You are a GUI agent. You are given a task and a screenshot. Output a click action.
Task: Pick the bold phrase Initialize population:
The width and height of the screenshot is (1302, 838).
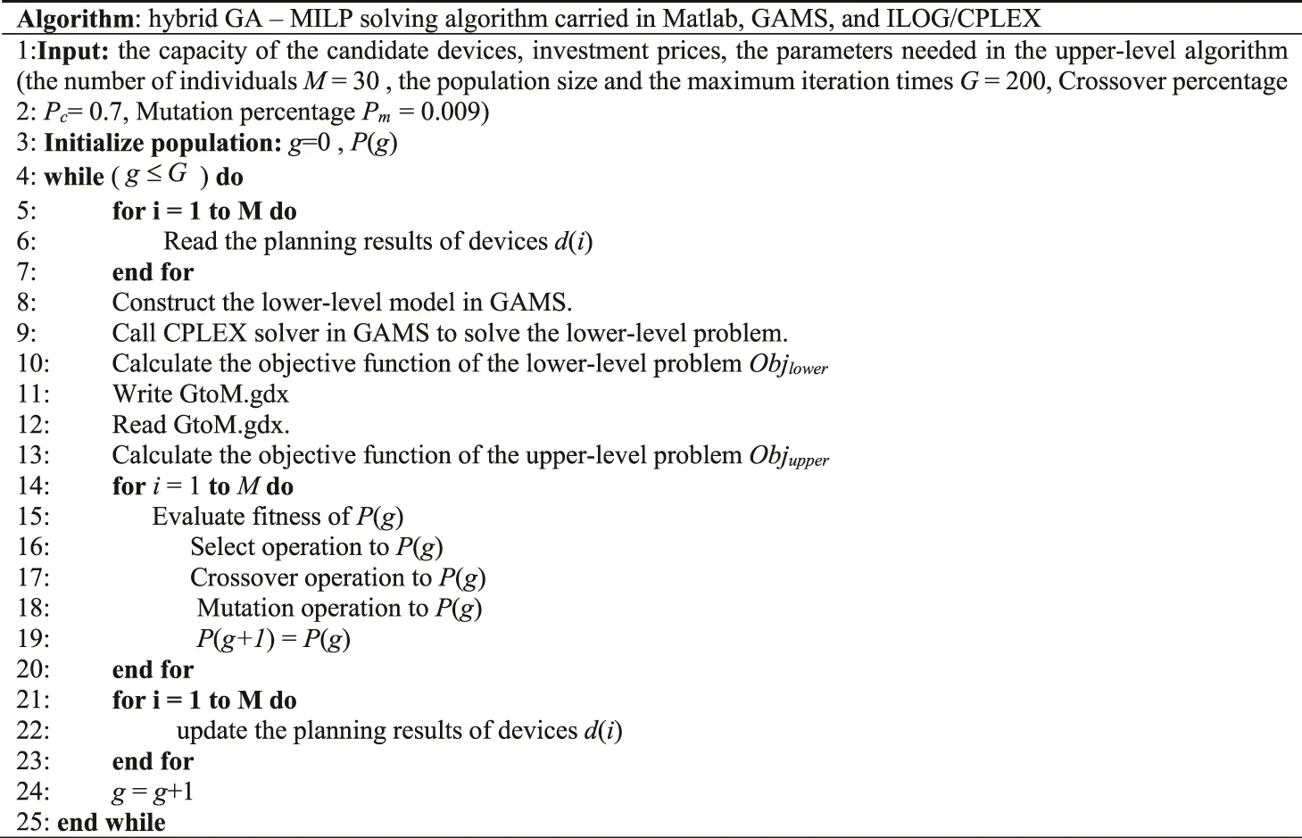click(x=162, y=143)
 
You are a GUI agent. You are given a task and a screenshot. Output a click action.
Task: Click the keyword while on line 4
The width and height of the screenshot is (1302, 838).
click(x=74, y=177)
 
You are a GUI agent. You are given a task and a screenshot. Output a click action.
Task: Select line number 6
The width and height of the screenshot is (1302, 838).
click(x=27, y=241)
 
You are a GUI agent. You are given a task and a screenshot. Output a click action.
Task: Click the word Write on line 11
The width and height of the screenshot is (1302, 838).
click(x=139, y=394)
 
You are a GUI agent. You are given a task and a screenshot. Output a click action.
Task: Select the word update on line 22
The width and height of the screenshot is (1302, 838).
click(x=212, y=730)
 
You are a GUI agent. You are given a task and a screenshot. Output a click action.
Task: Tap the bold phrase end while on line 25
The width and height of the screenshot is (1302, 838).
click(x=112, y=822)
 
